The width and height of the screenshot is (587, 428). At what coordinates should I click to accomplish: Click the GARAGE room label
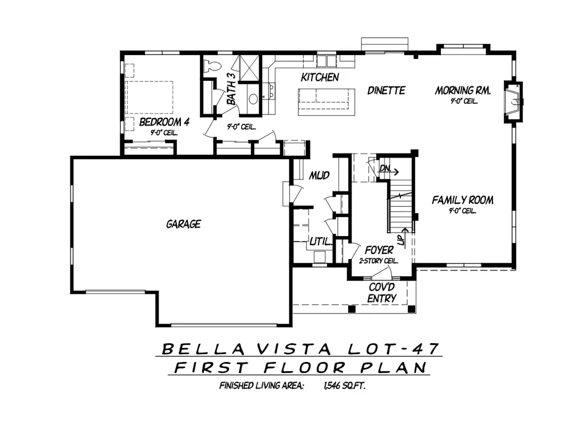point(183,224)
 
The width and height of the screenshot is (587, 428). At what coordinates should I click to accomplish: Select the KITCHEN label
point(320,77)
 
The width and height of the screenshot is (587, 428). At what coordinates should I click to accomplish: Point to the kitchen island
point(326,102)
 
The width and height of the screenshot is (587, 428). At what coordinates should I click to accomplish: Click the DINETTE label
point(387,91)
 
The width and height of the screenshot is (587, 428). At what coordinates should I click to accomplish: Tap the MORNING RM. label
point(463,91)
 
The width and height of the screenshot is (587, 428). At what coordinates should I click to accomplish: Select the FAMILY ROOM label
point(463,200)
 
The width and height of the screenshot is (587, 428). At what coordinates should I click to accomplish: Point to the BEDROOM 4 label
point(164,122)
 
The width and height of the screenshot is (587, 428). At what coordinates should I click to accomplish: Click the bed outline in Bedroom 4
point(149,97)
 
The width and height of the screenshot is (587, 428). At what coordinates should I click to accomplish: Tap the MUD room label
point(319,175)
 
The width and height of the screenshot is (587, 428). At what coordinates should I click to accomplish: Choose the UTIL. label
point(321,242)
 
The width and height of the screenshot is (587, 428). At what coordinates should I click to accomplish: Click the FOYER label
point(379,250)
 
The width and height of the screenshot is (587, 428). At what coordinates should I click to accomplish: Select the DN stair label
point(385,168)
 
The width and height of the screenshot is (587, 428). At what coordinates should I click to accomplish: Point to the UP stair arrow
point(404,235)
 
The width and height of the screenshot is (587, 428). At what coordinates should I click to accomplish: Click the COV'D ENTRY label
point(382,293)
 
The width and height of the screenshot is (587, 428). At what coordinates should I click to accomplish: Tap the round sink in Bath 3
point(254,99)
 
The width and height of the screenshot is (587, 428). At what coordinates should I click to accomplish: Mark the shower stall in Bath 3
point(249,68)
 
